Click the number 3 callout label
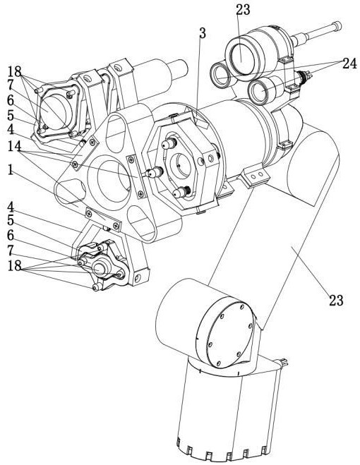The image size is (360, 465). pyautogui.click(x=203, y=33)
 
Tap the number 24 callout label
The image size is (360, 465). pyautogui.click(x=349, y=64)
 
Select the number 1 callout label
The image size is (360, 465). pyautogui.click(x=11, y=170)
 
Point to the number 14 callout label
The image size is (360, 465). pyautogui.click(x=14, y=146)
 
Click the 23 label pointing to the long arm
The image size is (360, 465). pyautogui.click(x=336, y=301)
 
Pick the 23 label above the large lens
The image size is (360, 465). pyautogui.click(x=243, y=10)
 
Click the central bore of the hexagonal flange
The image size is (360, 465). pyautogui.click(x=181, y=164)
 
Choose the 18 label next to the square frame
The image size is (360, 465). pyautogui.click(x=15, y=71)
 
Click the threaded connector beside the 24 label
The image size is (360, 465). pyautogui.click(x=304, y=77)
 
